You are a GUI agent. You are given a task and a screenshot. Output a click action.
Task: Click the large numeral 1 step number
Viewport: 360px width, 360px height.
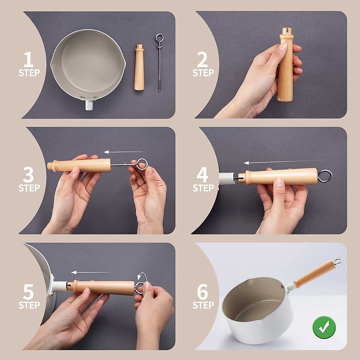[28, 59]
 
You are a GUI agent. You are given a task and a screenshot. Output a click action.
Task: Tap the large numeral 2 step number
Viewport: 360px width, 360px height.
[202, 59]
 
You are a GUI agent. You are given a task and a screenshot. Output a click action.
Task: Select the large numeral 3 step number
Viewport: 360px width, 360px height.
[28, 175]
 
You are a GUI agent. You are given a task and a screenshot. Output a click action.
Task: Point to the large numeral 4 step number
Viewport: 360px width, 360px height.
[202, 175]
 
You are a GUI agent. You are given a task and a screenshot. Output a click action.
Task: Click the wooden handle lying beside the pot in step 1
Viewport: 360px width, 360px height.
[139, 67]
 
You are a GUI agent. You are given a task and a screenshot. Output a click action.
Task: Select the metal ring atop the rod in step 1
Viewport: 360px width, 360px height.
[159, 38]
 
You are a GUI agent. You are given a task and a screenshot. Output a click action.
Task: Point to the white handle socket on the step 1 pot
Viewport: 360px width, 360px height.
[89, 105]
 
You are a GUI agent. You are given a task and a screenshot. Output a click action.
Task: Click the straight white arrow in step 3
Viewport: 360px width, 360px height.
[123, 152]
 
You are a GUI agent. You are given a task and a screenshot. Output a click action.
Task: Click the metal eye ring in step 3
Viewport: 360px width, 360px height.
[142, 164]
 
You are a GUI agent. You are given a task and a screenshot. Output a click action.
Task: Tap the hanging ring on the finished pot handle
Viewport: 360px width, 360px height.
[337, 262]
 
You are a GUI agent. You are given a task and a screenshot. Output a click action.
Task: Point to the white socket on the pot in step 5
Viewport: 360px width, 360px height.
[60, 286]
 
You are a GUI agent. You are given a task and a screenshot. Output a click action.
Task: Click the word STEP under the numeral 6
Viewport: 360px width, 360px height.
[203, 305]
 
